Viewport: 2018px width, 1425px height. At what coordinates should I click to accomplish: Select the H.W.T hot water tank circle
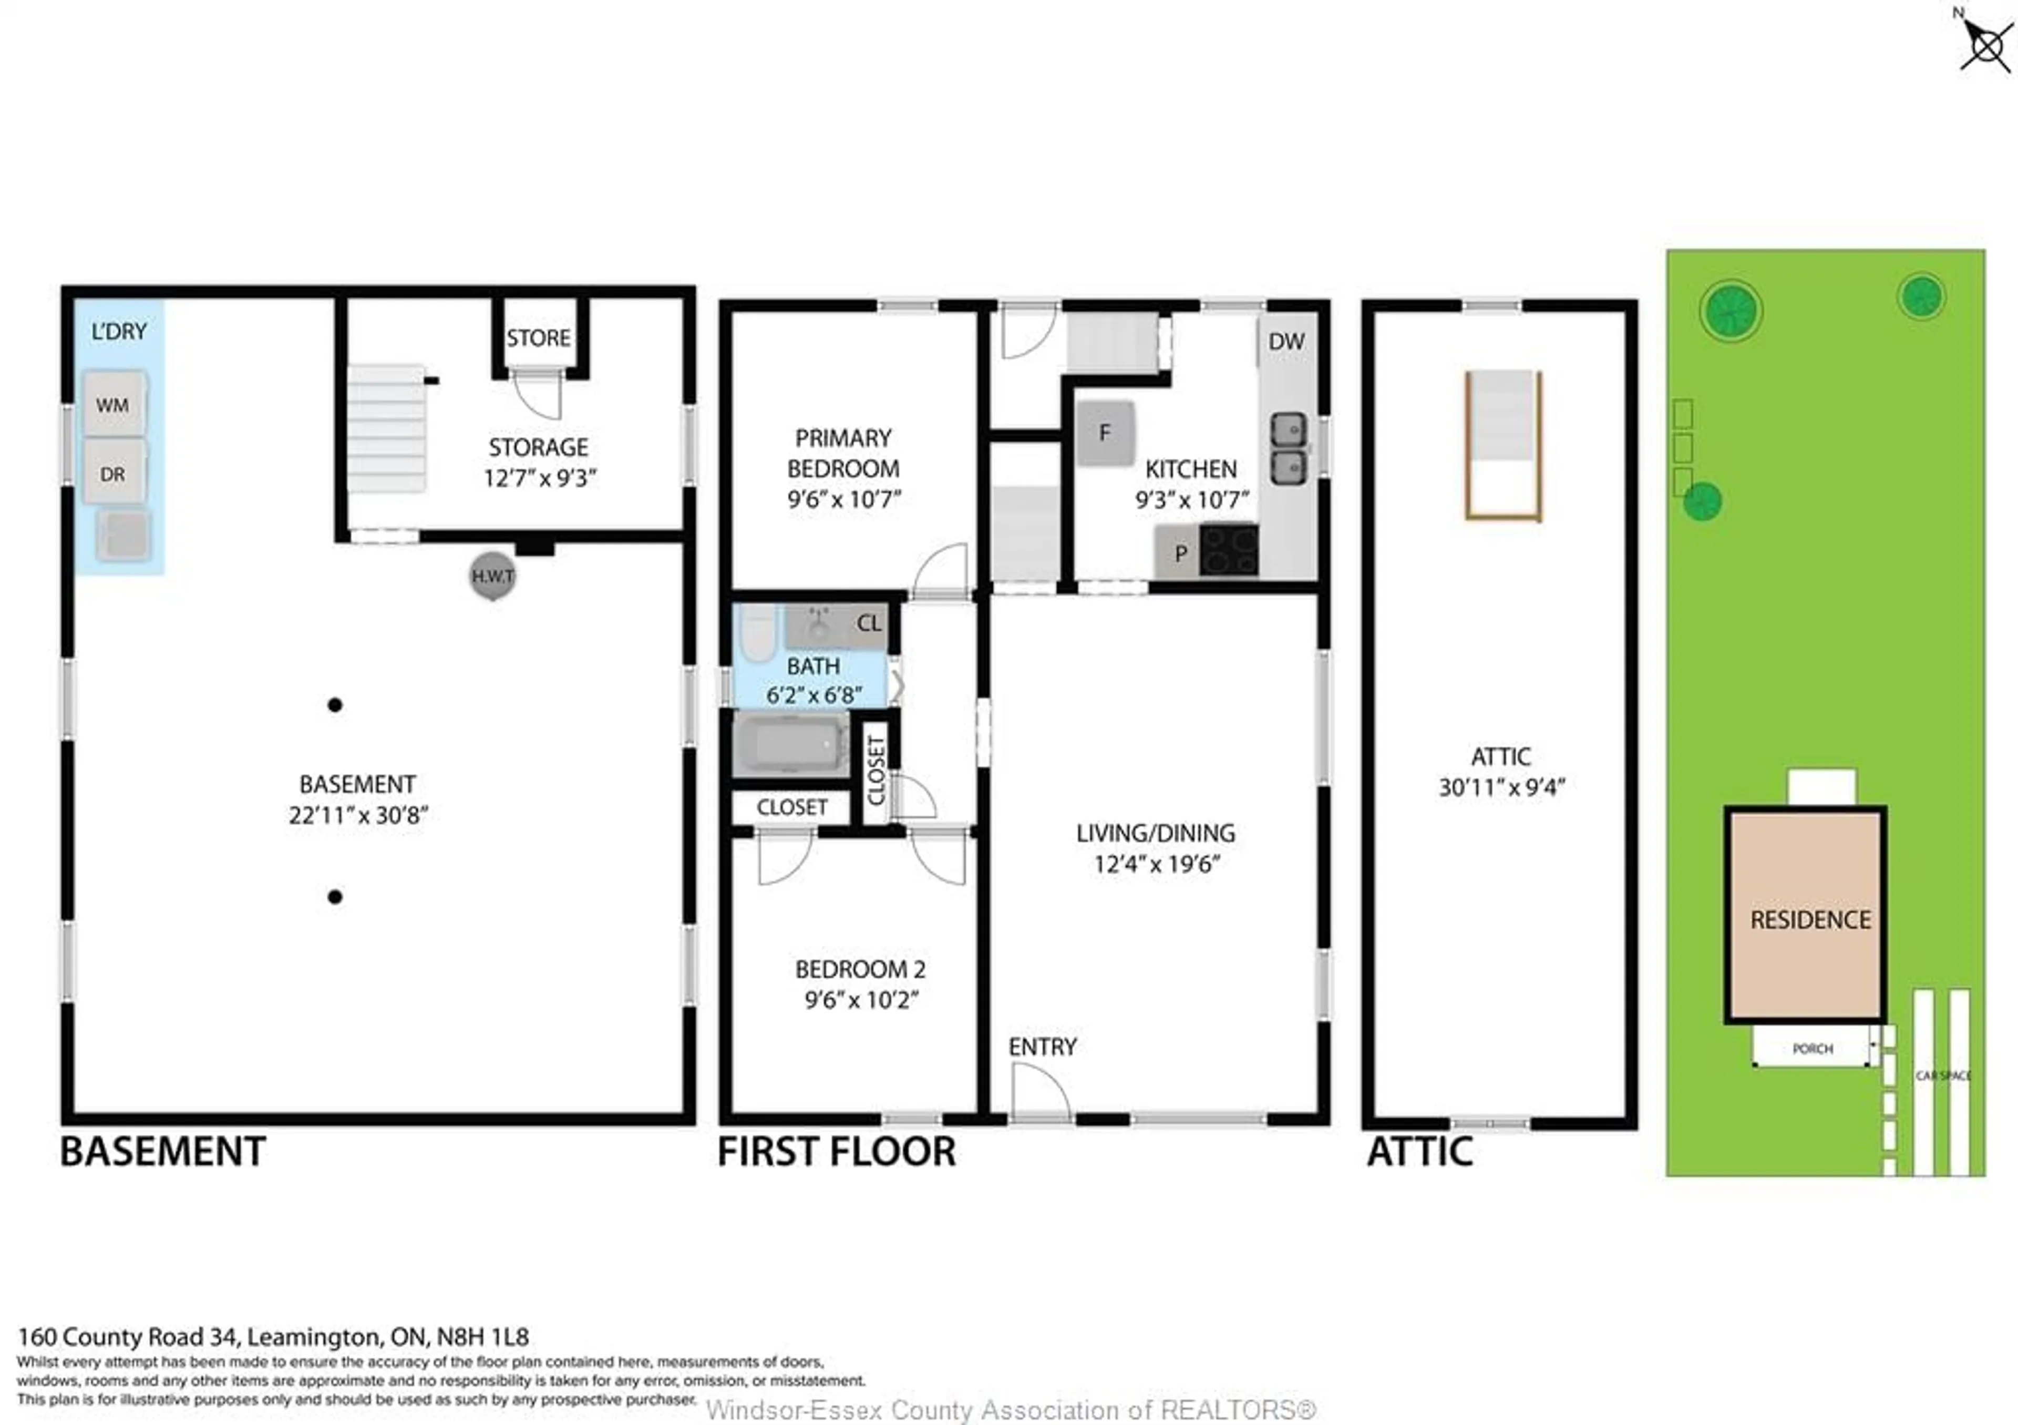click(x=492, y=576)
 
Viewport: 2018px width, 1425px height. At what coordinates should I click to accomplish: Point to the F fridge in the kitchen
click(x=1105, y=433)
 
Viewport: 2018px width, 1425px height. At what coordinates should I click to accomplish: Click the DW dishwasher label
click(x=1286, y=342)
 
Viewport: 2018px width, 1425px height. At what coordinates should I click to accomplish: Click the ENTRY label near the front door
click(x=1043, y=1047)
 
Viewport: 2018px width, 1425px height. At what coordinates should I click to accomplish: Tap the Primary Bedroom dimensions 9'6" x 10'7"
click(x=844, y=499)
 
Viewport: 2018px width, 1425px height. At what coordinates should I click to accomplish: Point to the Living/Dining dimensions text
click(x=1157, y=864)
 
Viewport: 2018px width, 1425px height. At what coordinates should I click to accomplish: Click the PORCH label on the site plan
click(x=1813, y=1049)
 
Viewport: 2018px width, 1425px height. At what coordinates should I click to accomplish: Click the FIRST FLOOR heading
click(x=837, y=1152)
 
